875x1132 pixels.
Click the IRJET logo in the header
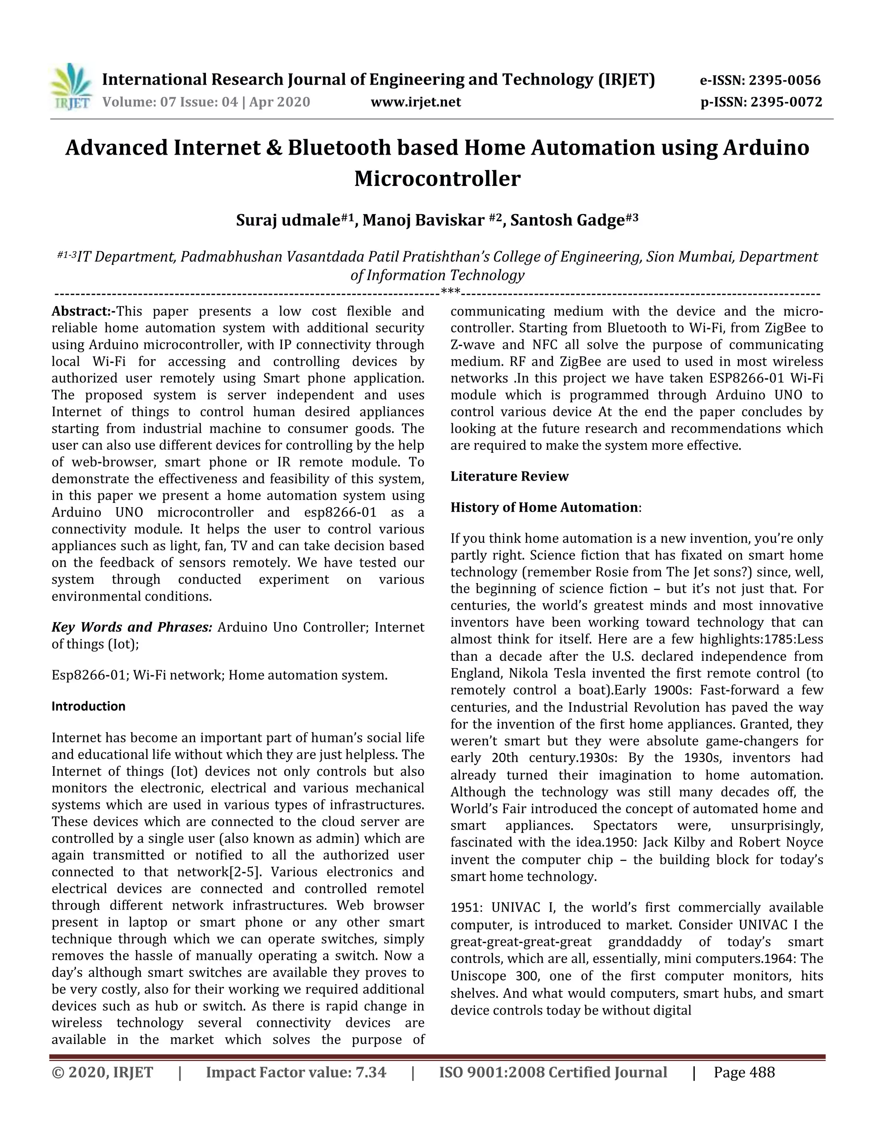tap(71, 87)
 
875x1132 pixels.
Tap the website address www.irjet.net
tap(415, 102)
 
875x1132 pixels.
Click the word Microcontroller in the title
tap(437, 179)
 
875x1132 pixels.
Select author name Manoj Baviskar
tap(423, 221)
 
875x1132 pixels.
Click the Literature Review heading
tap(509, 476)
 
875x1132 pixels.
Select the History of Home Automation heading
tap(544, 507)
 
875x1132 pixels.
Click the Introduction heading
tap(88, 707)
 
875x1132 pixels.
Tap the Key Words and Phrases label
tap(132, 628)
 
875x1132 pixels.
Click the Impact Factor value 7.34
tap(370, 1072)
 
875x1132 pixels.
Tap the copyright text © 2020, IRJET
tap(103, 1072)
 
